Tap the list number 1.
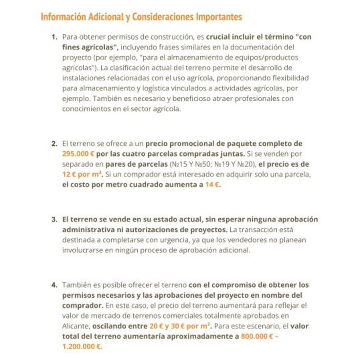54,36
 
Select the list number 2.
54,144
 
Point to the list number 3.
54,220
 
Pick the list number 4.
54,285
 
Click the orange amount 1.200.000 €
82,346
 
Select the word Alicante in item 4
76,326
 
